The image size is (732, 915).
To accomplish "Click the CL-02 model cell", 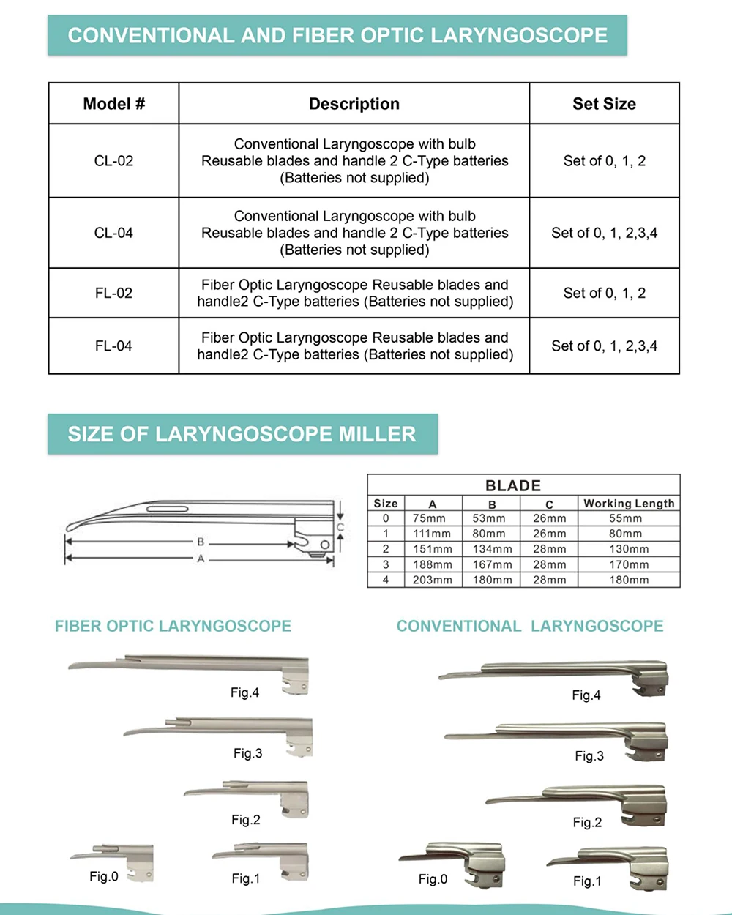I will coord(113,161).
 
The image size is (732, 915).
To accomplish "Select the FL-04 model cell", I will coord(113,346).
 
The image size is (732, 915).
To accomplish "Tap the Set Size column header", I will coord(604,104).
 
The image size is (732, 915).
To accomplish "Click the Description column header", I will coord(354,104).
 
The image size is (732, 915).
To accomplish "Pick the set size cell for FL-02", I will coord(604,294).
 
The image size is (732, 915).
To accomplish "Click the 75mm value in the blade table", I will coord(430,518).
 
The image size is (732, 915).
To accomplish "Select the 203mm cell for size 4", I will coord(432,580).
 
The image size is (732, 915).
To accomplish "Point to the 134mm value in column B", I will coord(492,549).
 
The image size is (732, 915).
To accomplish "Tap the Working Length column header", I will coord(629,504).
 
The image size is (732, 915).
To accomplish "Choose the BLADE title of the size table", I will coord(513,485).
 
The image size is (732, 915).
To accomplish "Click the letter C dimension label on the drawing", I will coord(340,527).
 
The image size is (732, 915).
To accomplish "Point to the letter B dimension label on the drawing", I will coord(201,542).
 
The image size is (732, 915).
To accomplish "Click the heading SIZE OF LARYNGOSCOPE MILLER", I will coord(242,434).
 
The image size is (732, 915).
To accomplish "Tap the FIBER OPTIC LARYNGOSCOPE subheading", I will coord(173,627).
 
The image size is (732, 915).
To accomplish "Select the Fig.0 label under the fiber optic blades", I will coord(104,876).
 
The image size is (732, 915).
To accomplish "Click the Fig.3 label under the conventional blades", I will coord(589,756).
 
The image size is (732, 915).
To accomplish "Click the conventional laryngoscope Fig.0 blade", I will coord(454,856).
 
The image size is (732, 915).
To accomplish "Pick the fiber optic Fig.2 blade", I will coord(249,793).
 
